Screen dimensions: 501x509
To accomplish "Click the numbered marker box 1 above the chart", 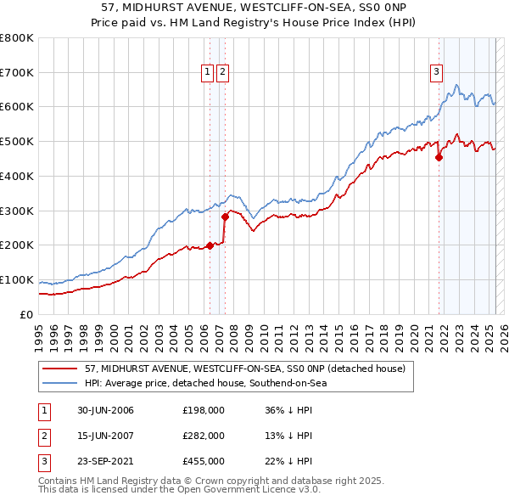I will [207, 73].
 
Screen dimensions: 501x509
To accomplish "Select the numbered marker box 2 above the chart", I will [221, 73].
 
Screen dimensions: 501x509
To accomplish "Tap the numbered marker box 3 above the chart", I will [436, 73].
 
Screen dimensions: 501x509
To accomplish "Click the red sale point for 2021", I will [439, 156].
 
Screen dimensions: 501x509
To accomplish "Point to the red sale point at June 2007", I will [225, 217].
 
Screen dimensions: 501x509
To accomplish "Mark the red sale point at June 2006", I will [210, 246].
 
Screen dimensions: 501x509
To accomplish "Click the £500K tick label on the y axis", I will [17, 142].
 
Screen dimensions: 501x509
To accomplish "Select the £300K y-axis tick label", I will [17, 211].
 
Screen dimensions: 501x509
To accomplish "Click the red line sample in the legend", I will [59, 369].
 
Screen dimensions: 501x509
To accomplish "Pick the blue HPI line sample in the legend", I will [59, 383].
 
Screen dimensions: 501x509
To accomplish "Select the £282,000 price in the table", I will [203, 436].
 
